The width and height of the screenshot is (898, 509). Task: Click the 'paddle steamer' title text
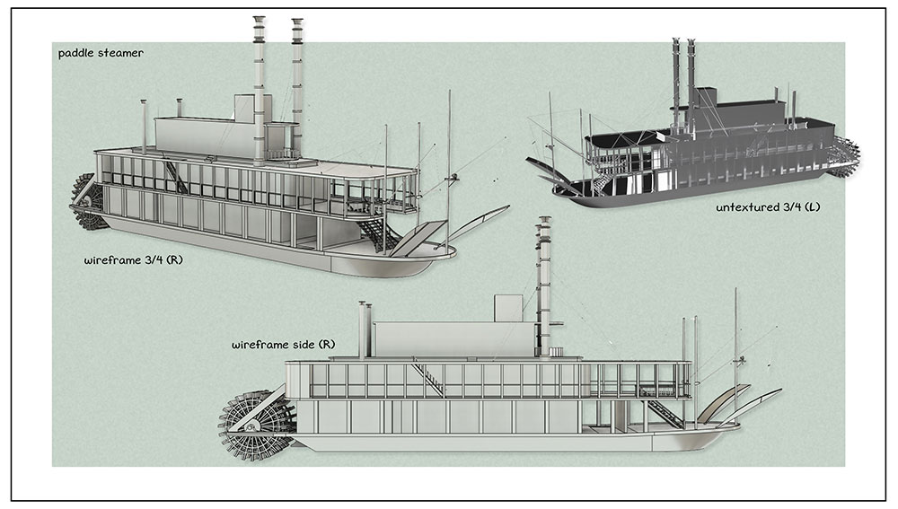(101, 53)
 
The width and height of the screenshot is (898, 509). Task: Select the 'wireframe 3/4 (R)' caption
(134, 260)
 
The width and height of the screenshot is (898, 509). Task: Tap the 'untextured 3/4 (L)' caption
(768, 207)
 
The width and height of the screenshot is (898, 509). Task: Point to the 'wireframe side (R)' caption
(284, 345)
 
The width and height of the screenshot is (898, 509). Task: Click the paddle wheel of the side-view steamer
(257, 426)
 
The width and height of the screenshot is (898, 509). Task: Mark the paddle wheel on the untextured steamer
(843, 155)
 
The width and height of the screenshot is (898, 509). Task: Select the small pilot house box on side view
(508, 308)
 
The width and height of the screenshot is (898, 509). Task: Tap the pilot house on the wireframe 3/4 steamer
(244, 109)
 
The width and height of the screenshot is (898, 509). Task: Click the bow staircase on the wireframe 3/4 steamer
(376, 233)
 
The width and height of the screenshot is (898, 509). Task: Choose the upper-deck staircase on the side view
(428, 380)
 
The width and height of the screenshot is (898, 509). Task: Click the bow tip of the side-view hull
(739, 426)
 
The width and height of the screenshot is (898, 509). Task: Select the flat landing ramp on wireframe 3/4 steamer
(419, 238)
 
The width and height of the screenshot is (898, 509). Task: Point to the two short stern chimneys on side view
(365, 329)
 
